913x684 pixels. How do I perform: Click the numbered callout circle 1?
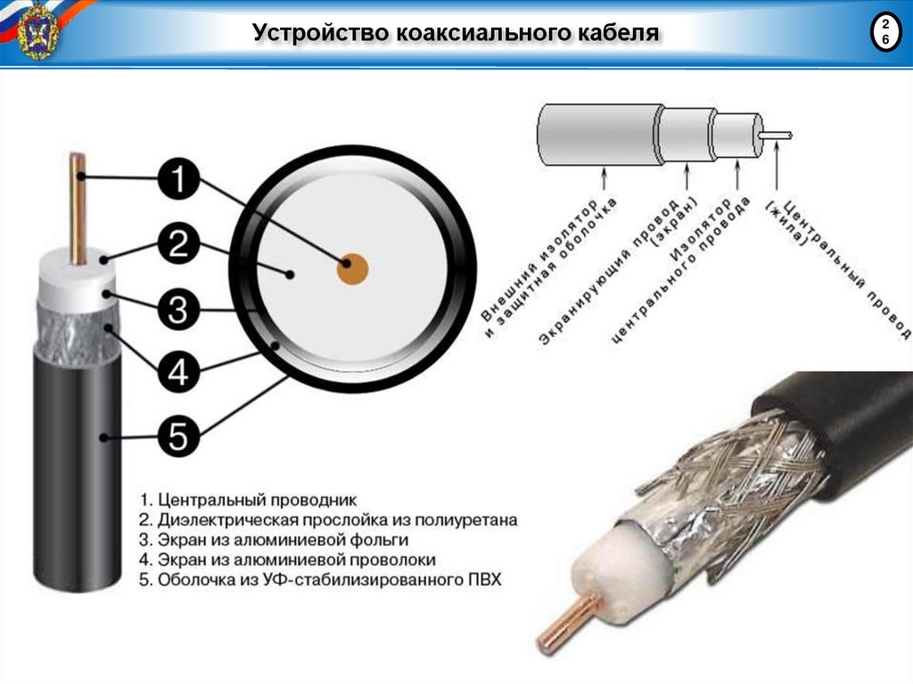pos(178,182)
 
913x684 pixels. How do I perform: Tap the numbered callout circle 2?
pos(178,244)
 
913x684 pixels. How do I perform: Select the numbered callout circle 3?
pos(178,309)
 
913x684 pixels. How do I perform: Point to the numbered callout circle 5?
pos(178,436)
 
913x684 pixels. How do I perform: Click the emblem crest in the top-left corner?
pos(37,30)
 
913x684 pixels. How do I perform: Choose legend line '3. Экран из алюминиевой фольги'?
pos(274,540)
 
